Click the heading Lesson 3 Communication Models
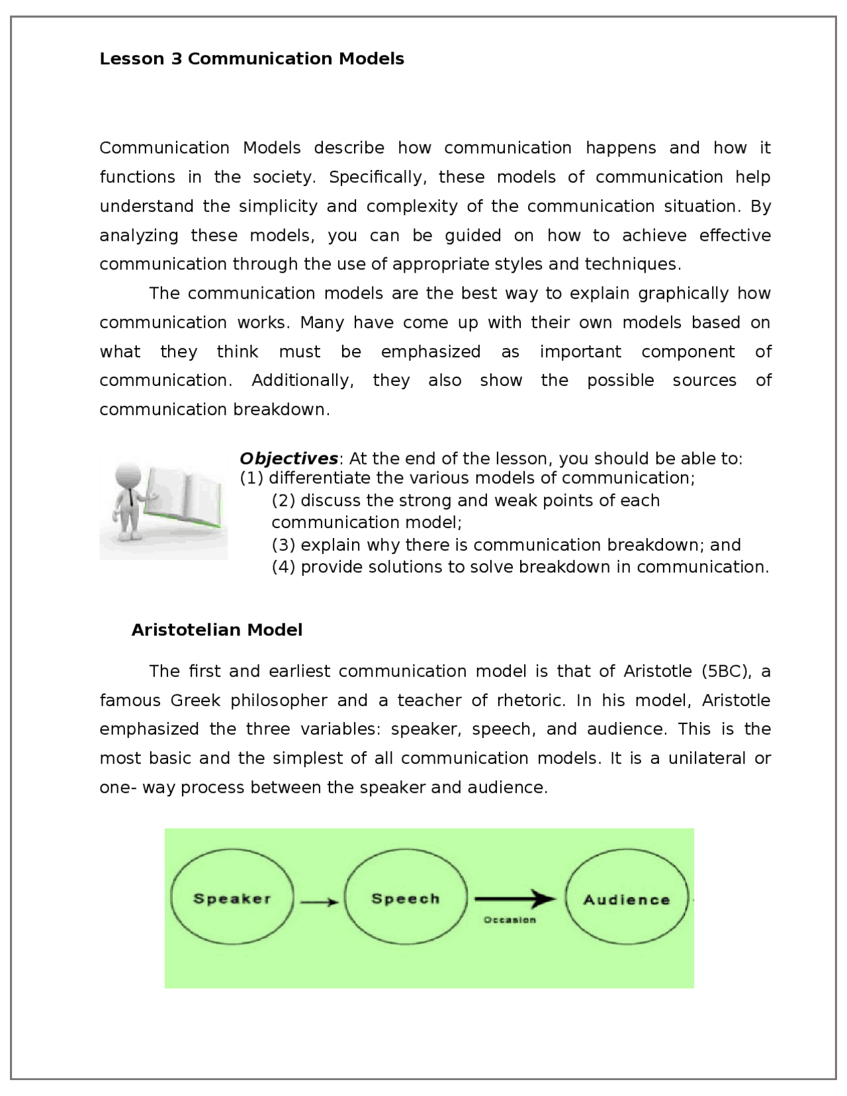[251, 59]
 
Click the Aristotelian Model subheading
[216, 629]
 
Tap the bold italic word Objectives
[289, 459]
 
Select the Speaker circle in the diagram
[232, 899]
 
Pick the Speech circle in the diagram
[406, 899]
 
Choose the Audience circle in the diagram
[627, 899]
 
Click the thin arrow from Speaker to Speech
[320, 901]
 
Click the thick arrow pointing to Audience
[515, 899]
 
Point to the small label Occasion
[510, 920]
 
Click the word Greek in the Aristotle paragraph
[195, 701]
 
